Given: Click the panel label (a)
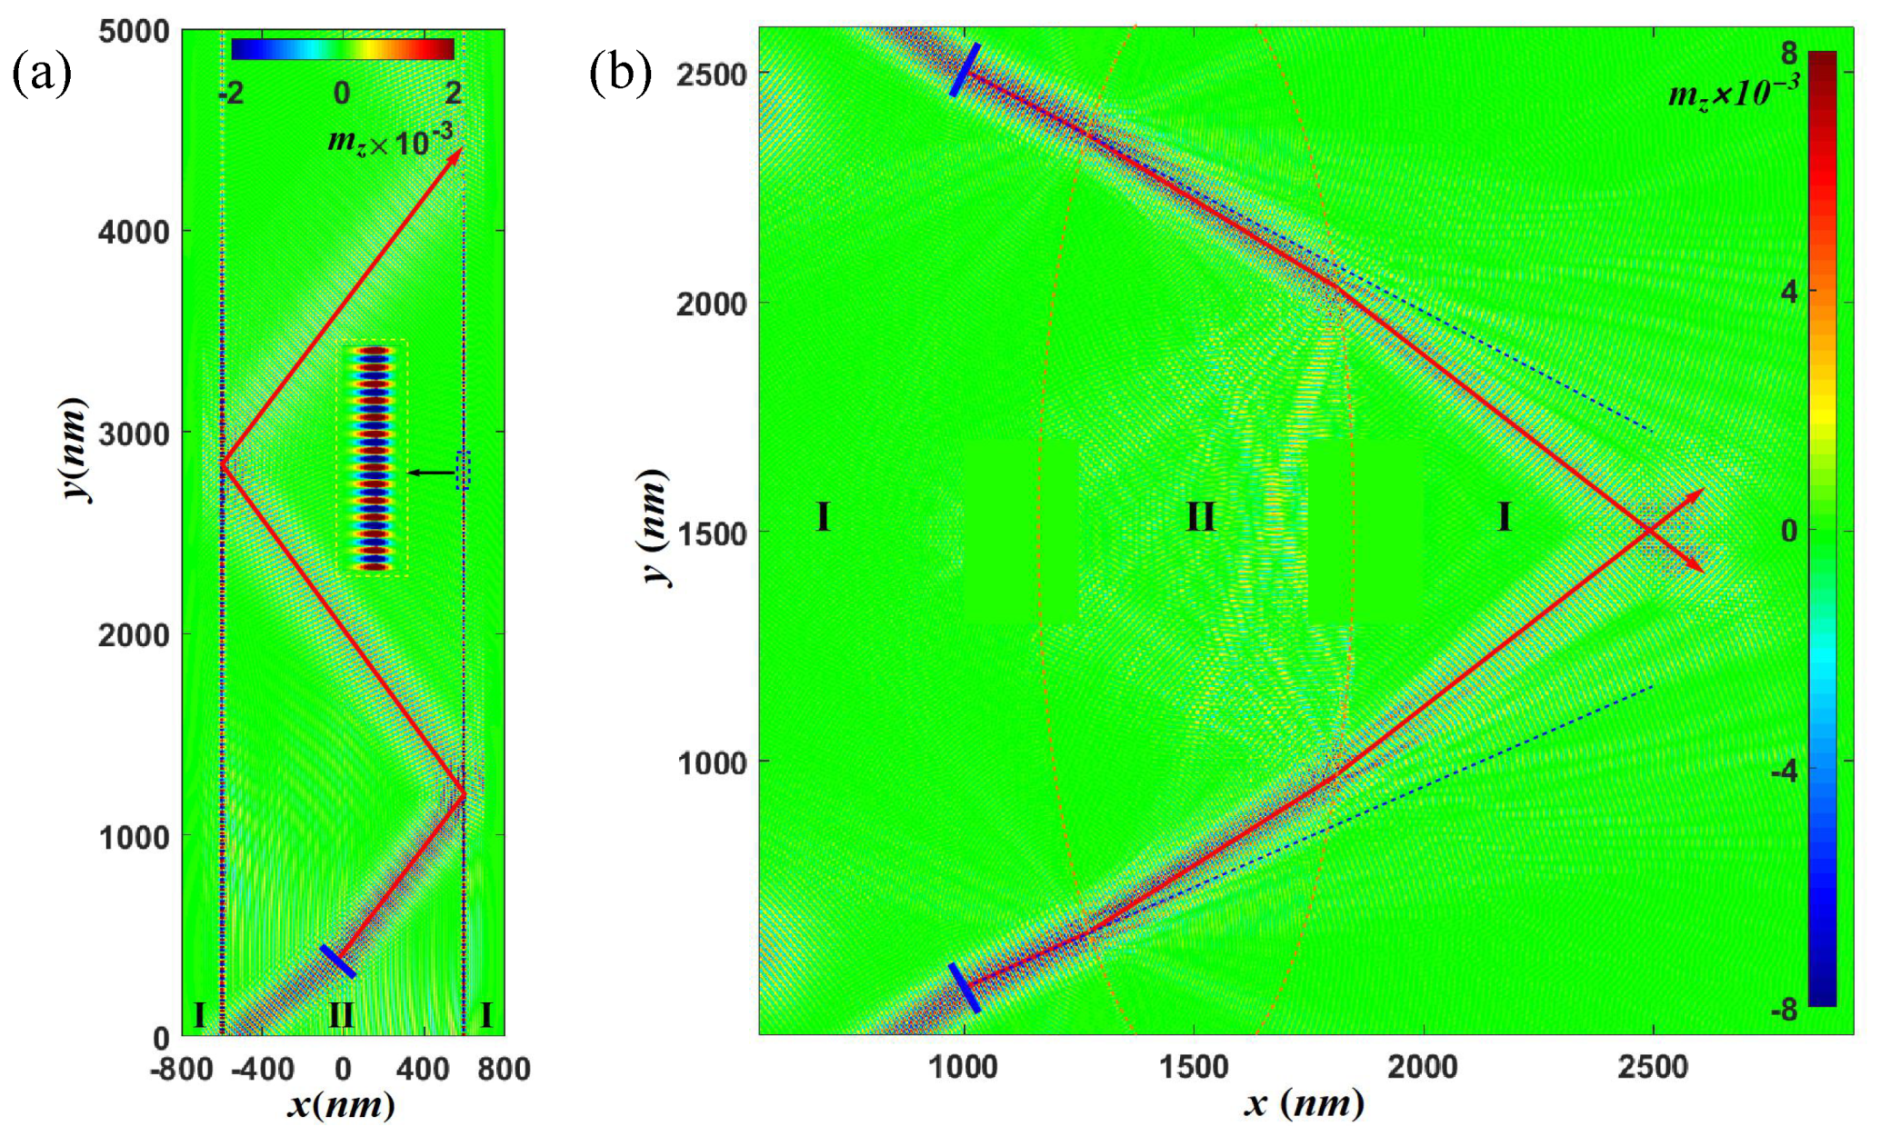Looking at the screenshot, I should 42,73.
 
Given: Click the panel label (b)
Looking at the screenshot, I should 621,73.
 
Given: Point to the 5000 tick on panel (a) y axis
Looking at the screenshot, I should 134,31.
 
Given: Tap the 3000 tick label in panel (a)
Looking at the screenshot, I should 134,434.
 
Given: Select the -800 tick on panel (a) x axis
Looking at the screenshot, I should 181,1069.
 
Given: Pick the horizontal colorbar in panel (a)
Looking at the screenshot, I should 342,49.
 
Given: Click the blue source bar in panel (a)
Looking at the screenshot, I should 337,962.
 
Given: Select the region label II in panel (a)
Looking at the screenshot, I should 341,1015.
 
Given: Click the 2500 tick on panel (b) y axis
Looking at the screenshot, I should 711,74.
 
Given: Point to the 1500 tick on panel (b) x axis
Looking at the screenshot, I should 1193,1067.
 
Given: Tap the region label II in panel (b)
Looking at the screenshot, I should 1200,517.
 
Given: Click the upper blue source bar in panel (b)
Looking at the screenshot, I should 965,69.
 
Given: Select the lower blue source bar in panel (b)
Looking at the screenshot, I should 965,988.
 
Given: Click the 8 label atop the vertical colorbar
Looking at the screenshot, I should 1788,54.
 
